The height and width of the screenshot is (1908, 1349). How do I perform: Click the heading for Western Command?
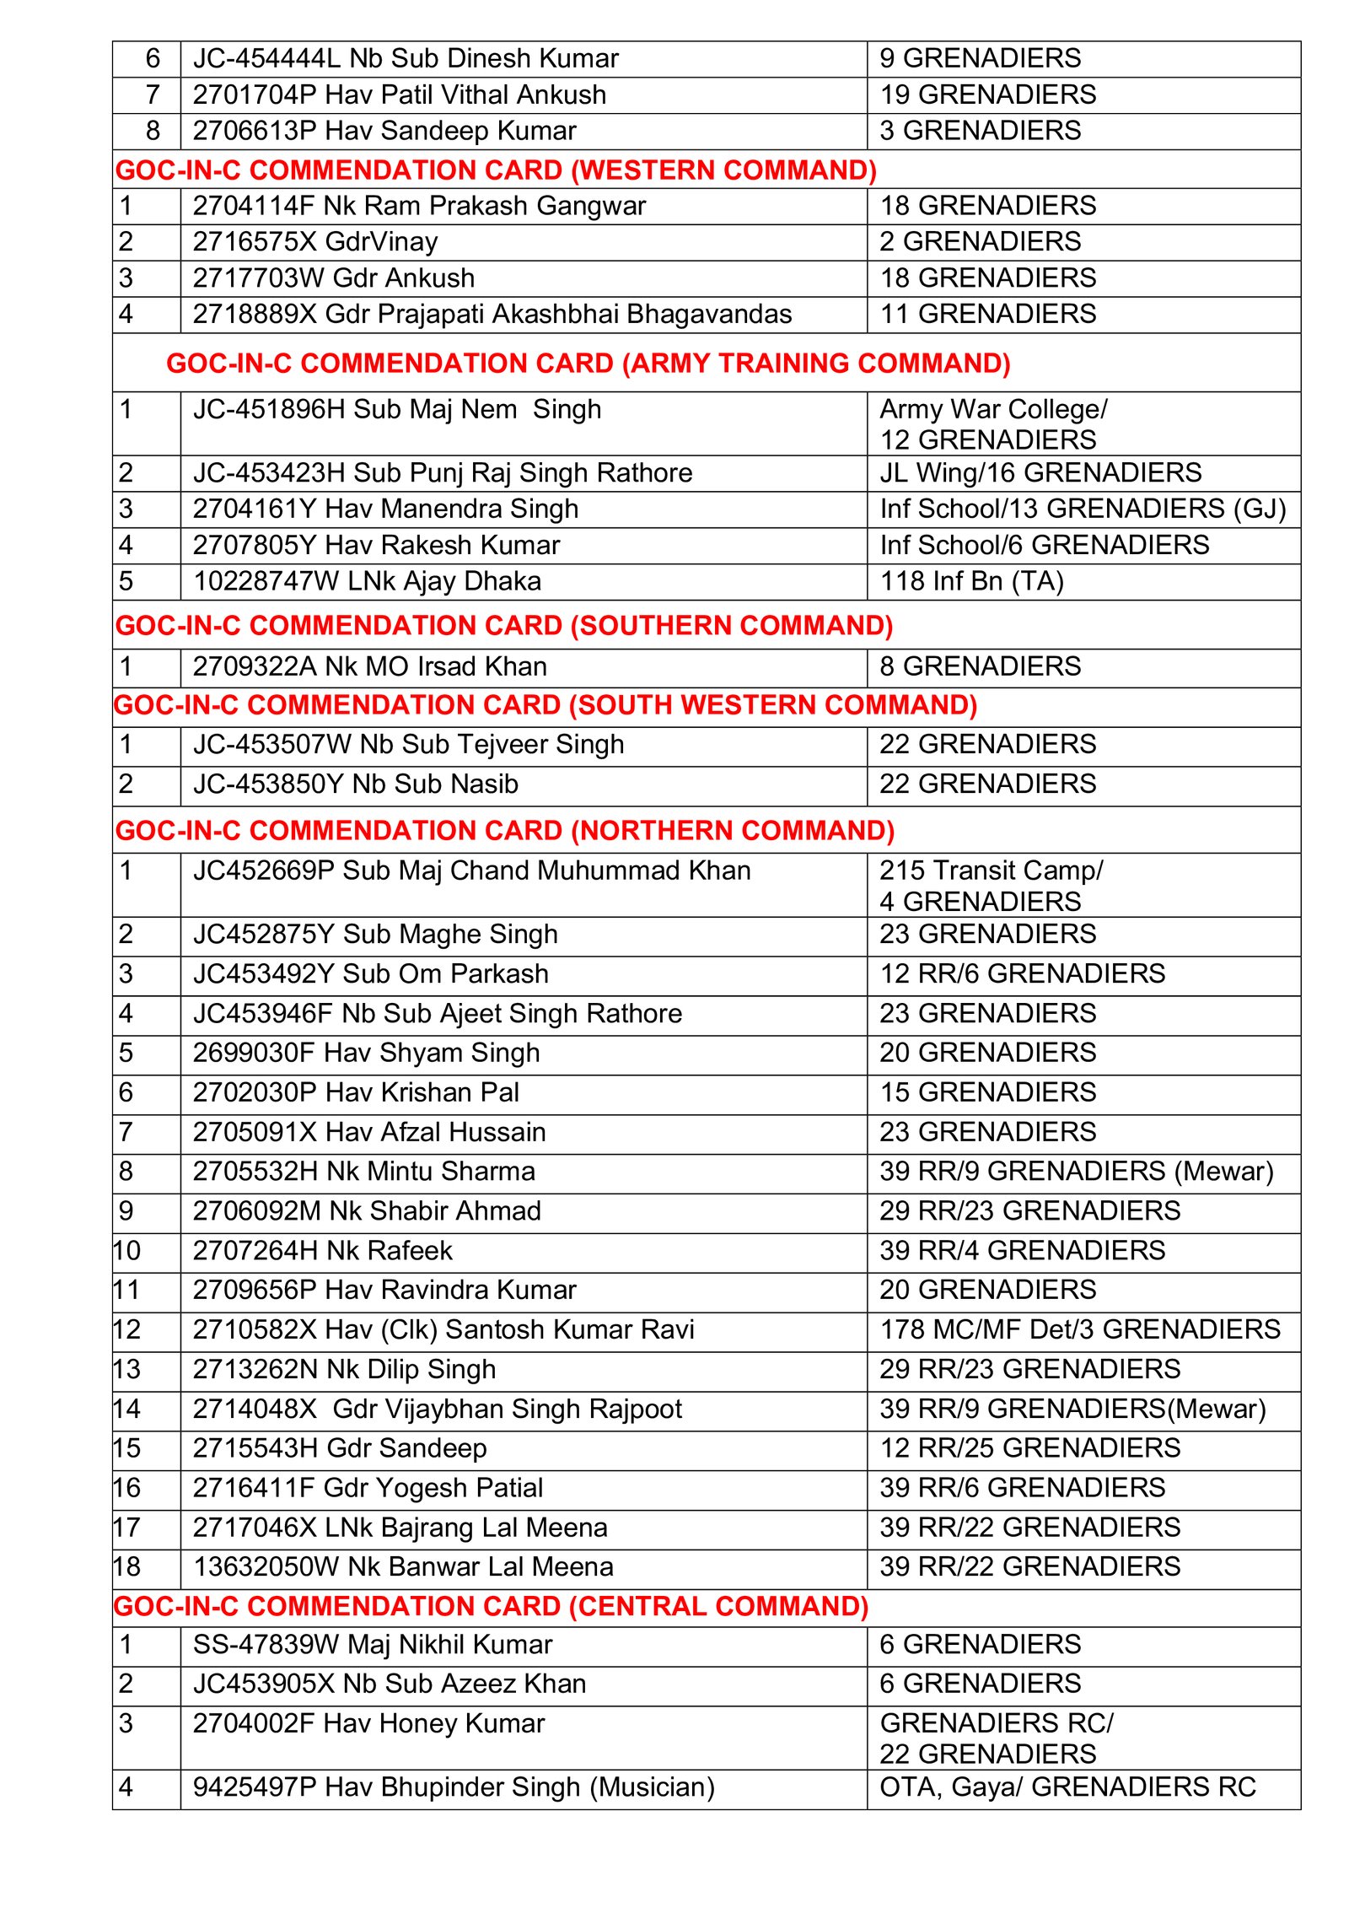pyautogui.click(x=496, y=170)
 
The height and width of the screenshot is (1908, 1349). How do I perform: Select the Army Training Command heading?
pyautogui.click(x=588, y=364)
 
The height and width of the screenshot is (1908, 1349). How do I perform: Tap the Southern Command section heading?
pyautogui.click(x=503, y=626)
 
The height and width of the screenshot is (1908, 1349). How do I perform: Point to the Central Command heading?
pyautogui.click(x=491, y=1606)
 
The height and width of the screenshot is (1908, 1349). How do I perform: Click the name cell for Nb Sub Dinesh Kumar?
pyautogui.click(x=406, y=58)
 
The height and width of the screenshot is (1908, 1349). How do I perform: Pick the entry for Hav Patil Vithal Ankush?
pyautogui.click(x=399, y=94)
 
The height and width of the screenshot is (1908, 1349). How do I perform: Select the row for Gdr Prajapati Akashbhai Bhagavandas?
pyautogui.click(x=492, y=314)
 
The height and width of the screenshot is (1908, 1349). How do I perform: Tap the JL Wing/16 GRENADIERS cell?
pyautogui.click(x=1040, y=472)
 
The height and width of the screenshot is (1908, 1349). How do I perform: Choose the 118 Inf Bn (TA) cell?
pyautogui.click(x=971, y=581)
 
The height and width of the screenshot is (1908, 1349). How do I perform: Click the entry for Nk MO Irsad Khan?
pyautogui.click(x=369, y=666)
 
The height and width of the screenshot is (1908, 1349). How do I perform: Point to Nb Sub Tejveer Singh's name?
pyautogui.click(x=408, y=745)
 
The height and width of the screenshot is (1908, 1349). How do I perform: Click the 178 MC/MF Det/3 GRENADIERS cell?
pyautogui.click(x=1079, y=1329)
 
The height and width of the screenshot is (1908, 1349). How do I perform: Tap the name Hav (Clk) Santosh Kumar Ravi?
pyautogui.click(x=443, y=1329)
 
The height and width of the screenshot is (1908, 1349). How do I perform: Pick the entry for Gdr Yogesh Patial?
pyautogui.click(x=368, y=1488)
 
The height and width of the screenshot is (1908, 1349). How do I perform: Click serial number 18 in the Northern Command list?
pyautogui.click(x=127, y=1566)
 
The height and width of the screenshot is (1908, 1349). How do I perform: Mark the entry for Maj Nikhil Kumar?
pyautogui.click(x=372, y=1645)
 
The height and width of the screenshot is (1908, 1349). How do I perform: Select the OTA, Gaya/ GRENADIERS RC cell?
pyautogui.click(x=1067, y=1787)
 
